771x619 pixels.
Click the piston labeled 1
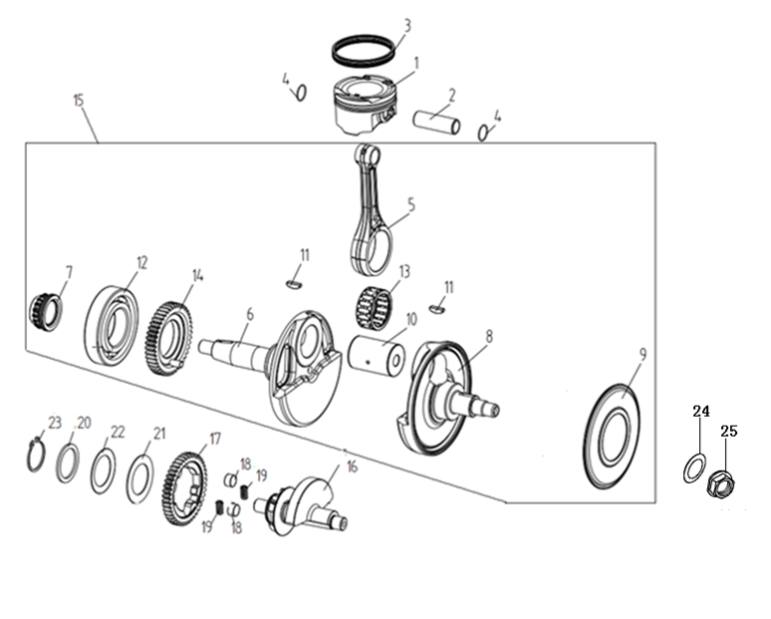point(363,105)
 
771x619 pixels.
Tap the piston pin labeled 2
point(436,121)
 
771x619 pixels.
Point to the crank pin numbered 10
point(377,354)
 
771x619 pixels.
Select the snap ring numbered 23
point(36,454)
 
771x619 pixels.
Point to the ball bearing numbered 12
point(112,326)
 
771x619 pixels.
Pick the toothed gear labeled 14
point(169,340)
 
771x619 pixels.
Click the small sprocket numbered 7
point(46,313)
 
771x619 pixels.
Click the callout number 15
point(78,101)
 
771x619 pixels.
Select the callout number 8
point(489,336)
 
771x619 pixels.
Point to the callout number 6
point(250,314)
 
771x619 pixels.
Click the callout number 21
point(159,434)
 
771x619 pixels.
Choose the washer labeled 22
point(104,471)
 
